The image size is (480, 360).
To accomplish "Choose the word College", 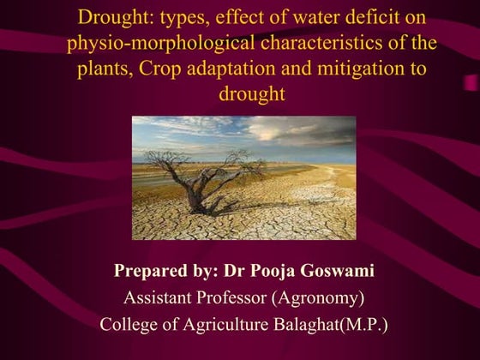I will [x=129, y=325].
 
